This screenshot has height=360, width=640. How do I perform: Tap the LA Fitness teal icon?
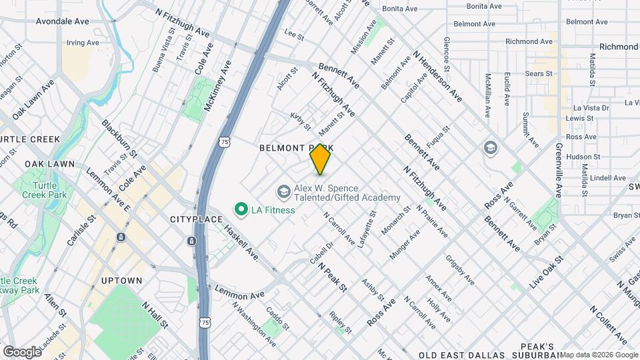241,210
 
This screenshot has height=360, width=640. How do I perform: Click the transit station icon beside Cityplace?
192,241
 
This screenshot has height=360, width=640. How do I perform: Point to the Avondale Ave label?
62,21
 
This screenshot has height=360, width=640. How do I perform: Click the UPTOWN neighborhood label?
121,281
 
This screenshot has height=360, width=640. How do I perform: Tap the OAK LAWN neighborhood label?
49,164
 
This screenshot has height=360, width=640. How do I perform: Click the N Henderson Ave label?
437,76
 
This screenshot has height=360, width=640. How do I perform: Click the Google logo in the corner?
22,351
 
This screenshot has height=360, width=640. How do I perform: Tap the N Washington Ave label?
253,325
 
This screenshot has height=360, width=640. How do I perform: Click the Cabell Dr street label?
321,252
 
